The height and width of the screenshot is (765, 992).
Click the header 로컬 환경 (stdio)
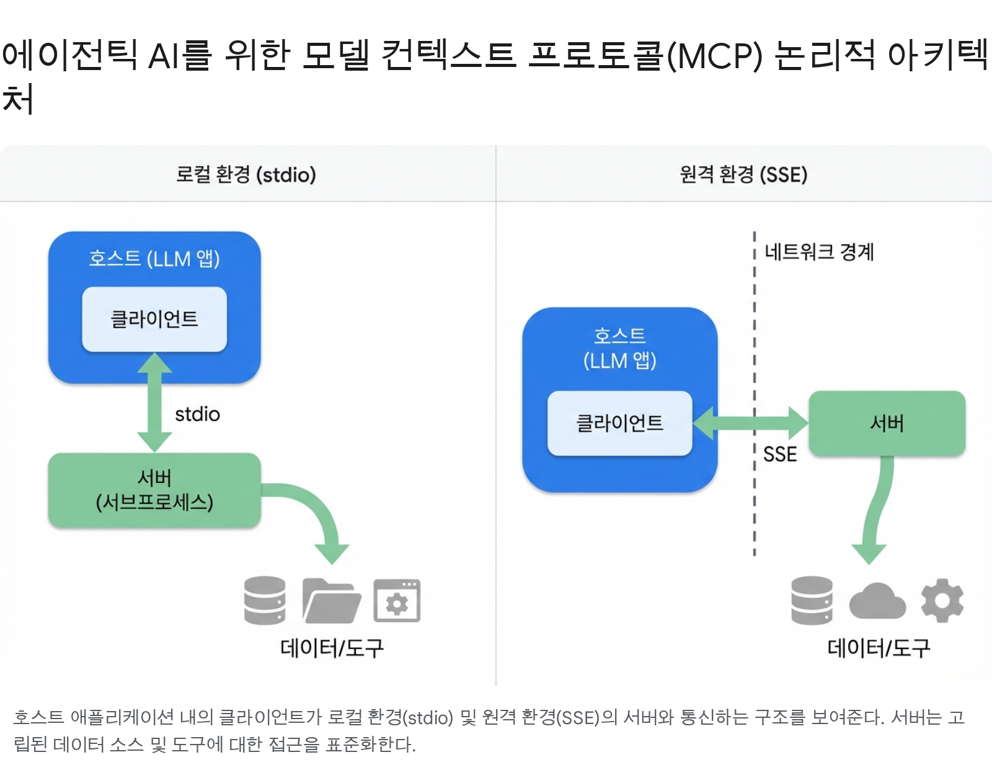point(246,175)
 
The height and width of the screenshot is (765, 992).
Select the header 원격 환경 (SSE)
point(743,175)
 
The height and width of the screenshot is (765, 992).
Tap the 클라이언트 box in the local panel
point(154,319)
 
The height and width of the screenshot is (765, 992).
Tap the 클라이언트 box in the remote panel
point(619,423)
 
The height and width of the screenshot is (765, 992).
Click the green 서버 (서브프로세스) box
point(154,490)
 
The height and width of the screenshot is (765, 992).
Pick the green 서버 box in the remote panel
point(887,423)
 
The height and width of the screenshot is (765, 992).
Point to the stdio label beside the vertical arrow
point(197,414)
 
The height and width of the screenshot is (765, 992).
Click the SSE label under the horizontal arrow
point(780,454)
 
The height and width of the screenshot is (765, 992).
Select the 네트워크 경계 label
point(818,252)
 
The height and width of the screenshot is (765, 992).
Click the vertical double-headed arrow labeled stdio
point(154,403)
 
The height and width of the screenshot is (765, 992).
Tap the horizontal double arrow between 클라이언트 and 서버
point(750,423)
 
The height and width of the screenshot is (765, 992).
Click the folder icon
point(331,601)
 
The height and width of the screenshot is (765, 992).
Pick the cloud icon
point(877,601)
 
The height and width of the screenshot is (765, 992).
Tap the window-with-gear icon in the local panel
point(397,601)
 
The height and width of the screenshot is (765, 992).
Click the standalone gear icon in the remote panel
point(942,600)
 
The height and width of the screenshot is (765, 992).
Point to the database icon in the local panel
point(265,601)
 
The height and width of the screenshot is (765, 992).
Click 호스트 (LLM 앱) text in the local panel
point(154,259)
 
